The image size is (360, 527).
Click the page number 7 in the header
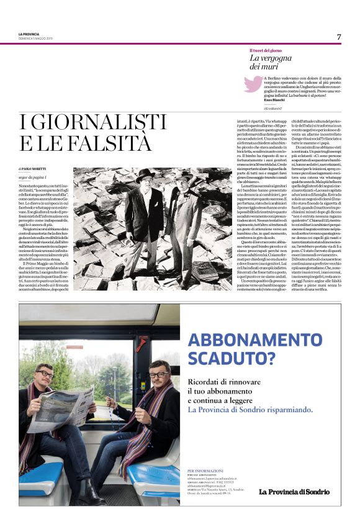[x=339, y=37]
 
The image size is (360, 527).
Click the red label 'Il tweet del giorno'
[x=266, y=50]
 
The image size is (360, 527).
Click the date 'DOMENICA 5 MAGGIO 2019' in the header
[x=35, y=38]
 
